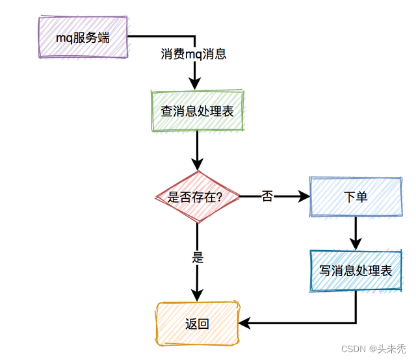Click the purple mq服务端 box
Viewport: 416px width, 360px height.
[x=82, y=37]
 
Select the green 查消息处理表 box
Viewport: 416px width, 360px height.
[x=197, y=111]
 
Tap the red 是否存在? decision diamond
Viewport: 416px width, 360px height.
[x=197, y=197]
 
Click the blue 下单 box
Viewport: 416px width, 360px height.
[x=356, y=196]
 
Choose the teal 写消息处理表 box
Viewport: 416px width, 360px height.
[x=356, y=271]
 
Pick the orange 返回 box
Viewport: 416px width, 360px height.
[x=197, y=323]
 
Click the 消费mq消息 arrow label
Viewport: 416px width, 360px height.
[x=194, y=55]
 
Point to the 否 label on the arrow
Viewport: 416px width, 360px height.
[x=267, y=196]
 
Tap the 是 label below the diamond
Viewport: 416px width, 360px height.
[x=198, y=257]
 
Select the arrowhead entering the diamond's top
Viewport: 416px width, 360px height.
[x=197, y=164]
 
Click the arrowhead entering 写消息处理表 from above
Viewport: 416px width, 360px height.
[x=356, y=244]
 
